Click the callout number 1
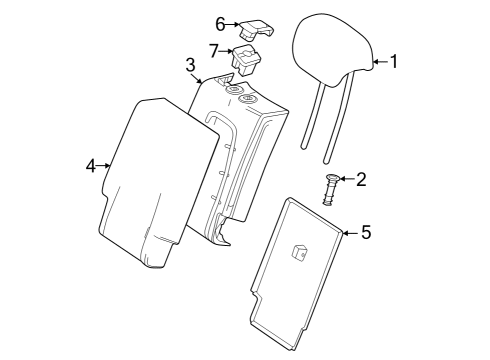394,62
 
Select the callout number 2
361,179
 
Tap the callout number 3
190,65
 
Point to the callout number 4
91,166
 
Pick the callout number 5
366,232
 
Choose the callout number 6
220,24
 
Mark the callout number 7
214,51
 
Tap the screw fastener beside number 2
331,189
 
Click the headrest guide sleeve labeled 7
246,60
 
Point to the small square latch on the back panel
299,251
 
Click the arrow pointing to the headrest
381,62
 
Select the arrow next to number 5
350,233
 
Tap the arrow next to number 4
103,165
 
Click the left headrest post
313,116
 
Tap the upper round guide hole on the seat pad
234,89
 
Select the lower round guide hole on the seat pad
248,98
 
